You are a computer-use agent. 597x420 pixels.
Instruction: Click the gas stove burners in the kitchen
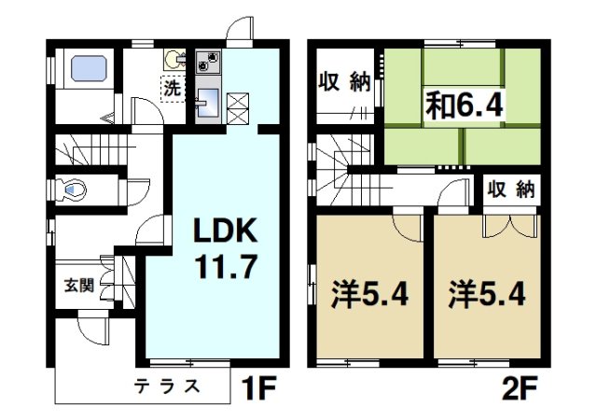pos(209,63)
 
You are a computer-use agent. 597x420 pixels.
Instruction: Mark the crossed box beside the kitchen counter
pos(238,104)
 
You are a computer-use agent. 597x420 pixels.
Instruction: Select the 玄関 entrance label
pos(77,285)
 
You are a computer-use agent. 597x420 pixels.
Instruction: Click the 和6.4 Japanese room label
pos(465,102)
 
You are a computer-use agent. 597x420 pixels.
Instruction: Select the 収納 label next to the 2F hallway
pos(511,190)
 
